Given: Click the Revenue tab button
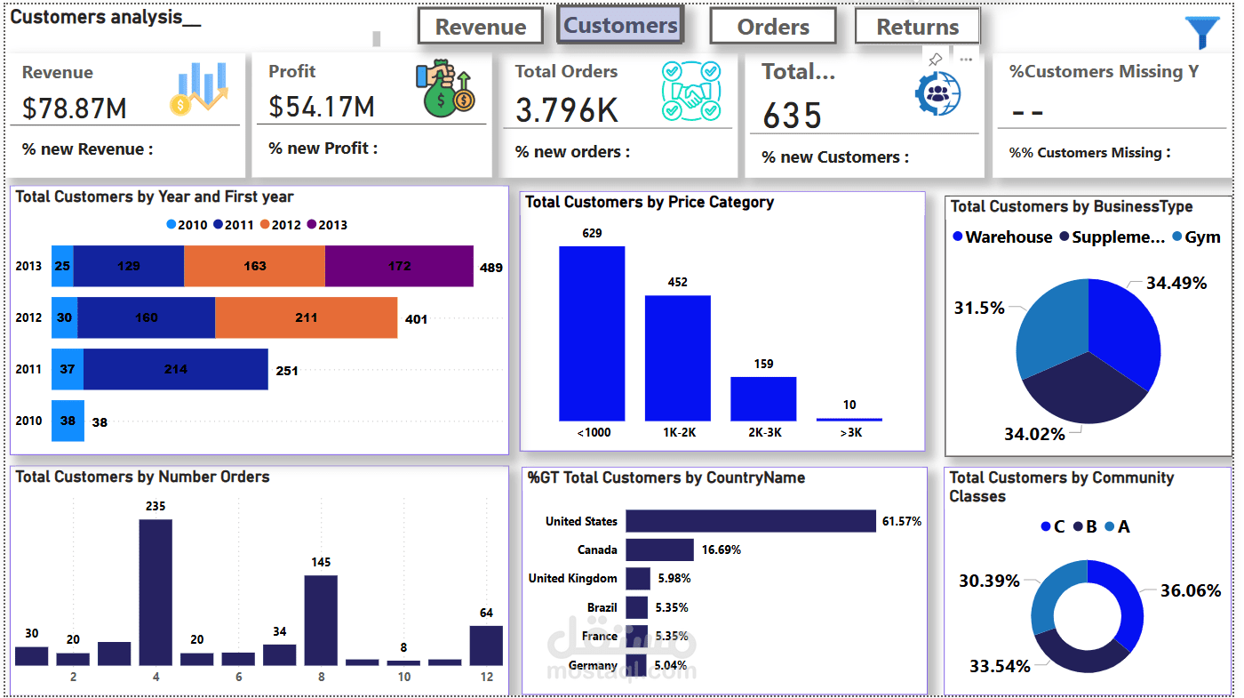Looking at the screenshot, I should [480, 27].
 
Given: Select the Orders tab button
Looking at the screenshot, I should [773, 27].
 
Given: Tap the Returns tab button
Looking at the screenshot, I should [917, 27].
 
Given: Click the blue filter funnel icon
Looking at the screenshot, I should [1202, 32].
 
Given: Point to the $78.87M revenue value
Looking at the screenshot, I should [75, 108].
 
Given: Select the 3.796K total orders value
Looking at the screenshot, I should [567, 110].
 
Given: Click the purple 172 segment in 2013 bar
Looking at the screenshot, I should [399, 266].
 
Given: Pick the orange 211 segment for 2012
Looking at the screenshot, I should [306, 317].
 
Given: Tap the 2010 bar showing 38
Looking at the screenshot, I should [68, 421].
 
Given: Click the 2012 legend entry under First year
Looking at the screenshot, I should [280, 225].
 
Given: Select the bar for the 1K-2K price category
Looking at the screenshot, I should [677, 357].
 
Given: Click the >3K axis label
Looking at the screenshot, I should [849, 433].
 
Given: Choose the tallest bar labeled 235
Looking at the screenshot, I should [155, 591].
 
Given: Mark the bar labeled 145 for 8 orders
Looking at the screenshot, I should [321, 620].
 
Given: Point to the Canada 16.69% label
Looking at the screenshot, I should [722, 550].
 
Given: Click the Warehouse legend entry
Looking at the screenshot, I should [1002, 237].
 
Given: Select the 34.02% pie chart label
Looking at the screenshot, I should [1034, 434].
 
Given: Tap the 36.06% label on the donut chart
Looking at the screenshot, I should [1191, 590].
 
